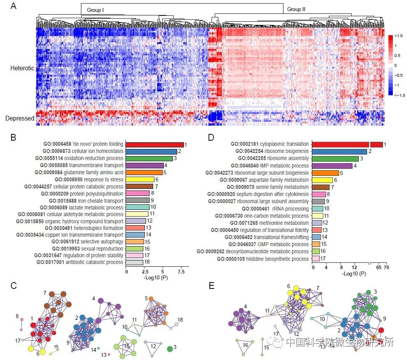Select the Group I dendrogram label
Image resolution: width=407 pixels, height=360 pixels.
pos(96,10)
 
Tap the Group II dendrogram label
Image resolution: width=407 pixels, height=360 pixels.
pos(296,9)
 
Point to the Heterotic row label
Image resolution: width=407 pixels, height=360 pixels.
pos(23,68)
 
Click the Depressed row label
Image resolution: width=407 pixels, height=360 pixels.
pos(20,118)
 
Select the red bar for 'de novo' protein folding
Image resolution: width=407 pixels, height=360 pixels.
pos(155,145)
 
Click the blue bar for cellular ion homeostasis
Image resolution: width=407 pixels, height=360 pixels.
pos(152,151)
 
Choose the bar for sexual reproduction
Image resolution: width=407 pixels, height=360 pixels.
pos(134,249)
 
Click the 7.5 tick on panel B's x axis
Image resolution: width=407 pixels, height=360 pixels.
pos(181,272)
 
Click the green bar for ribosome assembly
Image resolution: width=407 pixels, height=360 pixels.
pos(336,159)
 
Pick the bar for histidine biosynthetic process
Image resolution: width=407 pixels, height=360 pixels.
pos(316,259)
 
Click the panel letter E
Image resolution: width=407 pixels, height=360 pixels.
pos(211,286)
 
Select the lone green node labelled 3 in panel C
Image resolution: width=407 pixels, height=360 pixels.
pos(170,349)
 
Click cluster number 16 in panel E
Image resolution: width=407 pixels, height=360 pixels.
pos(245,345)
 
